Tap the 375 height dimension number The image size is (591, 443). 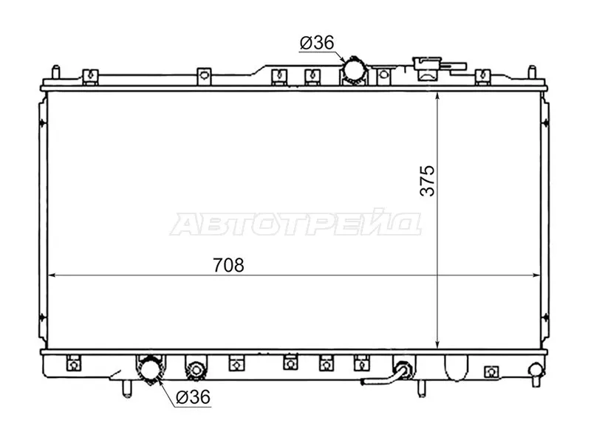(x=428, y=179)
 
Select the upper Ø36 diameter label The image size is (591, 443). (x=316, y=44)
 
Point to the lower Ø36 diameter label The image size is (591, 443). (x=194, y=397)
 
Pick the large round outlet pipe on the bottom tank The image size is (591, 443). (x=150, y=370)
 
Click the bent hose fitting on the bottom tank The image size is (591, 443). (x=399, y=373)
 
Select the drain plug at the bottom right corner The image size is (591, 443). (x=535, y=371)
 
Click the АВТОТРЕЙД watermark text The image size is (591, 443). (x=295, y=224)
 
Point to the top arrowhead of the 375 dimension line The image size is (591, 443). (x=439, y=98)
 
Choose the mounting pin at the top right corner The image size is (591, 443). (x=531, y=73)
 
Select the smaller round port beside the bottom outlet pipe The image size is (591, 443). (x=194, y=368)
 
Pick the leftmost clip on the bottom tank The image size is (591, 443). (x=72, y=363)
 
